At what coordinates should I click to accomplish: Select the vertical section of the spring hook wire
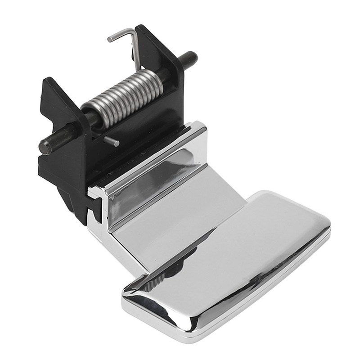pos(135,49)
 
